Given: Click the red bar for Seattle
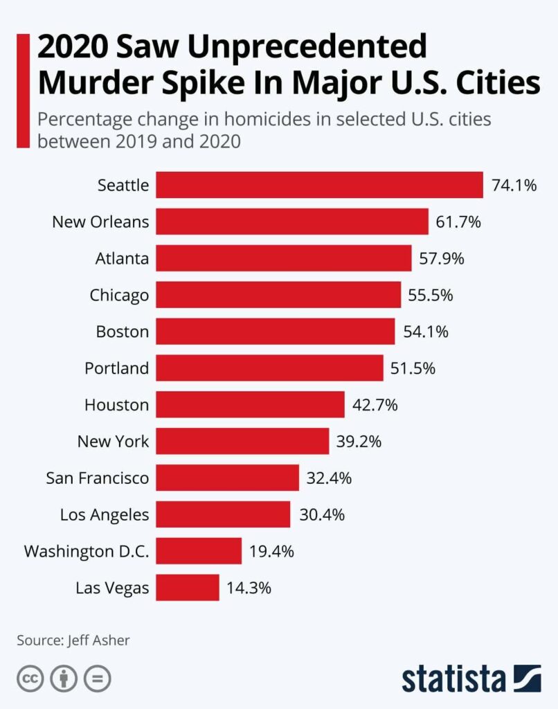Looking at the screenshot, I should [319, 185].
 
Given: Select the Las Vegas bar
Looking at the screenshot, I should [188, 588].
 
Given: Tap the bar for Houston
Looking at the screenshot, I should [250, 404].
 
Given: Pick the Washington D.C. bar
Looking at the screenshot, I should [199, 551].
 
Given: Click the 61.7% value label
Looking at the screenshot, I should [458, 222].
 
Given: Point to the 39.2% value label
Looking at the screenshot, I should [359, 441].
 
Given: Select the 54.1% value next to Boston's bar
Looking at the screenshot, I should [426, 332].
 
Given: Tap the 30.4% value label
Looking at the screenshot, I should [321, 514].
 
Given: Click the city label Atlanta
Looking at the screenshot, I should [122, 259].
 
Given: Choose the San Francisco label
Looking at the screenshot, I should [97, 478].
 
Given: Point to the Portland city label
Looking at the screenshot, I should [116, 368].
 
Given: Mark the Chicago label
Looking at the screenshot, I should [119, 296].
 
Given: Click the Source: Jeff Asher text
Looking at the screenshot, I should [73, 640].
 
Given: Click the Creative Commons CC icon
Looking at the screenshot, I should [30, 679].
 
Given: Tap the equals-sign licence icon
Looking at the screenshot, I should [97, 679].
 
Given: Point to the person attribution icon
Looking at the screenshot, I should [64, 679].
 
